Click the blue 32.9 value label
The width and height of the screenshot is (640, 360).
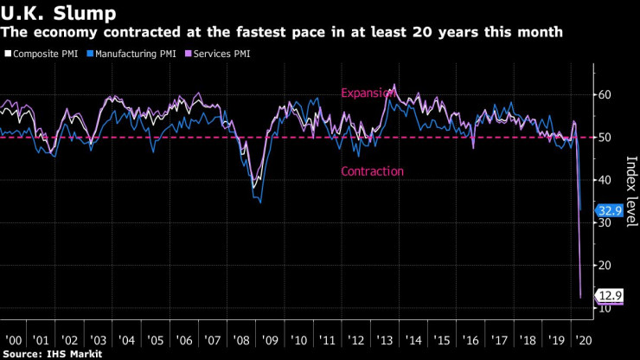(607, 209)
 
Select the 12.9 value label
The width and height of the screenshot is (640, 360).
(607, 295)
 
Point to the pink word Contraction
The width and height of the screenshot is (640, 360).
(373, 171)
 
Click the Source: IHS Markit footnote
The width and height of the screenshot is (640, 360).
(52, 354)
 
